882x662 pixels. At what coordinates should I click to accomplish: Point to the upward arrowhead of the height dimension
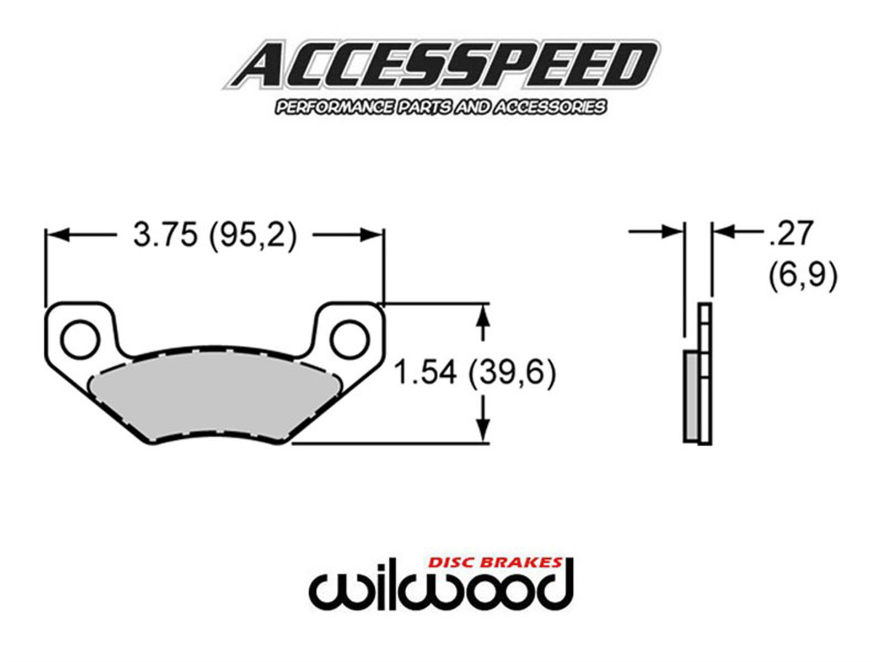pyautogui.click(x=483, y=317)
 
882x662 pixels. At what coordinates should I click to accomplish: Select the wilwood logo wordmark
pyautogui.click(x=441, y=589)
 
